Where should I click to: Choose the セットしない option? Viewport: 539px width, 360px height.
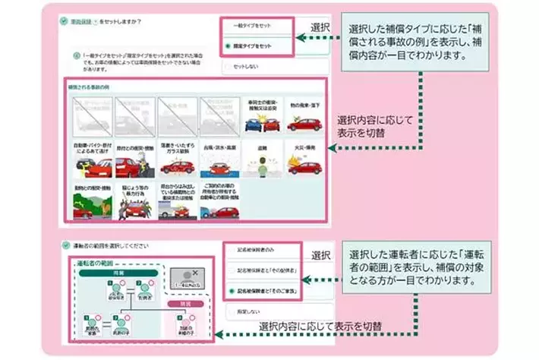251,68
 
